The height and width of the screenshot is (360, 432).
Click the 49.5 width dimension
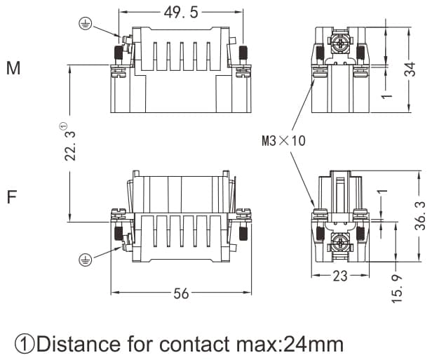181,13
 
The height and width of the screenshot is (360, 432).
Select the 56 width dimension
181,293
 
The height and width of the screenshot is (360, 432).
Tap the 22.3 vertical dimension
70,144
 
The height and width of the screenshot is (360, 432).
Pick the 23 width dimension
339,276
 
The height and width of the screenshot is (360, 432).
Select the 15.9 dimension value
398,288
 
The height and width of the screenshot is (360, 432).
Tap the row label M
13,69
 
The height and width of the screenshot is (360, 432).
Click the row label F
11,196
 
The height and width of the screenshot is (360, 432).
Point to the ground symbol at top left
85,24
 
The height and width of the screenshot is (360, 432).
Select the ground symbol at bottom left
85,260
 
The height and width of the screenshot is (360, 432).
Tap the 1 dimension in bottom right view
382,192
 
